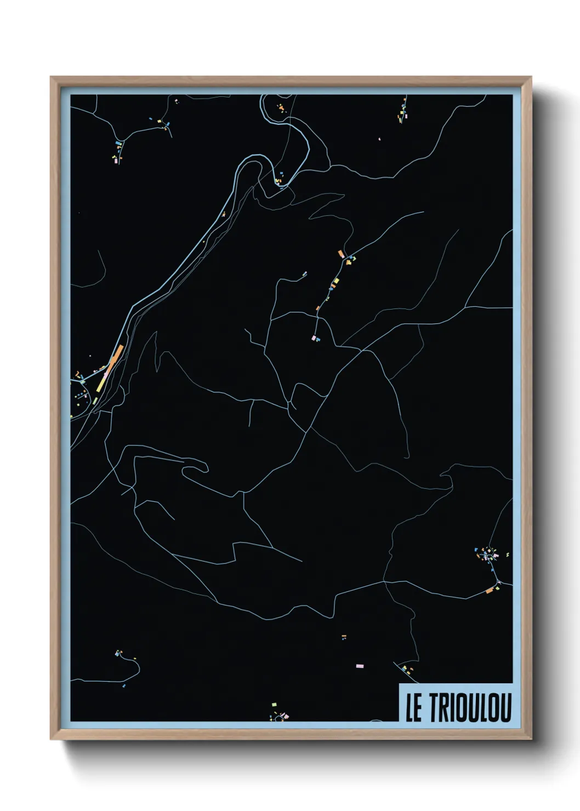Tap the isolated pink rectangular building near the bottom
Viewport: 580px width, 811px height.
(x=360, y=666)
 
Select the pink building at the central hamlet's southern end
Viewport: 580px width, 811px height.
(x=314, y=338)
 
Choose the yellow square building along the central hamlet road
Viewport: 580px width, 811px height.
(x=336, y=281)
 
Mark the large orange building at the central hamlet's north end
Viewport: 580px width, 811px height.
(x=340, y=254)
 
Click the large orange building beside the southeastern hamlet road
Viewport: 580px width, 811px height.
(x=490, y=590)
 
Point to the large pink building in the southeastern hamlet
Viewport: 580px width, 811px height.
(x=496, y=556)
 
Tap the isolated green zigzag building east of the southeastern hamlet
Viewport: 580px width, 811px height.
(x=507, y=555)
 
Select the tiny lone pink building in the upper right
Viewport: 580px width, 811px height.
(x=379, y=139)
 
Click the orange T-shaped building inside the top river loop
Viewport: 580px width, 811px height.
(x=282, y=108)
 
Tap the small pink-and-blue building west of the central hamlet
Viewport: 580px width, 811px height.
(x=305, y=273)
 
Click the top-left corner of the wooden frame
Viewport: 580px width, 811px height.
(x=51, y=77)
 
